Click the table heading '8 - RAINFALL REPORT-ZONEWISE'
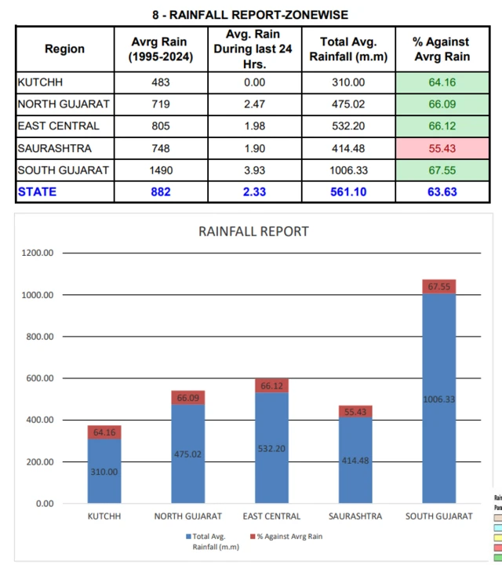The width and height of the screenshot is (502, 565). pyautogui.click(x=250, y=15)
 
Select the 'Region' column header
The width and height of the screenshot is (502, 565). pyautogui.click(x=64, y=49)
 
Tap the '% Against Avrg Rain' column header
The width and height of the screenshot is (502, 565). pyautogui.click(x=441, y=49)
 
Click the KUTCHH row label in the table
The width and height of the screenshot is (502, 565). pyautogui.click(x=40, y=82)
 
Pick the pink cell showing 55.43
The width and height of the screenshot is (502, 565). pyautogui.click(x=441, y=148)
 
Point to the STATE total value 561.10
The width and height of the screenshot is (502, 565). pyautogui.click(x=343, y=191)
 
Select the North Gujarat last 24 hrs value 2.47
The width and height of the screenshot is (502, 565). pyautogui.click(x=253, y=104)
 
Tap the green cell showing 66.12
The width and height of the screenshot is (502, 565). pyautogui.click(x=441, y=126)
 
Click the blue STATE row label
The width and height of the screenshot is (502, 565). pyautogui.click(x=37, y=191)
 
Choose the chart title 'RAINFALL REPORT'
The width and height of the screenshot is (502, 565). pyautogui.click(x=253, y=231)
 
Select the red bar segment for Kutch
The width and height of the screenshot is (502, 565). pyautogui.click(x=104, y=432)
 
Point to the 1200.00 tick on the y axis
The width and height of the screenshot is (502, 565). pyautogui.click(x=36, y=253)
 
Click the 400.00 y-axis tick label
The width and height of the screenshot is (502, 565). pyautogui.click(x=38, y=420)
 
